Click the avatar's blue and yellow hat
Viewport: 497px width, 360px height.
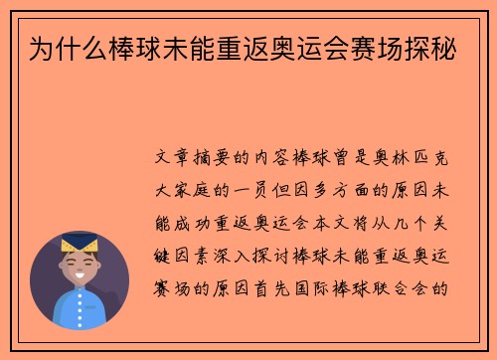click(x=79, y=245)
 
